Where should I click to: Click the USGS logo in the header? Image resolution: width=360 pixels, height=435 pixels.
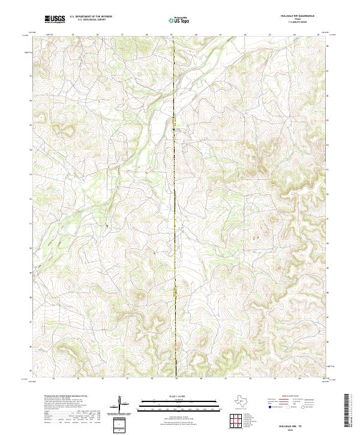55,19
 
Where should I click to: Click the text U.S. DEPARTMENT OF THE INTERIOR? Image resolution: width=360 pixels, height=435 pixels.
91,17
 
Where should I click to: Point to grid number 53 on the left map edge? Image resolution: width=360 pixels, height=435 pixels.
31,174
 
